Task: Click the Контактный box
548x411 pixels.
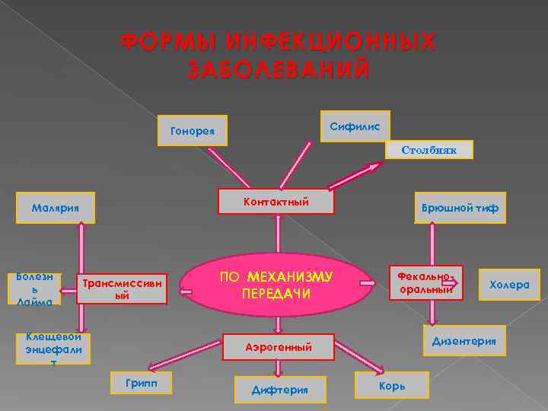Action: point(276,201)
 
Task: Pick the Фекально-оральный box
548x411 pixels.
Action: point(425,282)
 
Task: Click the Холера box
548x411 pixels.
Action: point(509,285)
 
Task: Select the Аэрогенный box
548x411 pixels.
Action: point(278,347)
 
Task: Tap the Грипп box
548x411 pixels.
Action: point(142,383)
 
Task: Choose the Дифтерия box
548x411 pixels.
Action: point(279,390)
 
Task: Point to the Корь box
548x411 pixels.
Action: point(392,386)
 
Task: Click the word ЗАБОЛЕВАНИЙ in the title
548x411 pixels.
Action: point(279,69)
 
